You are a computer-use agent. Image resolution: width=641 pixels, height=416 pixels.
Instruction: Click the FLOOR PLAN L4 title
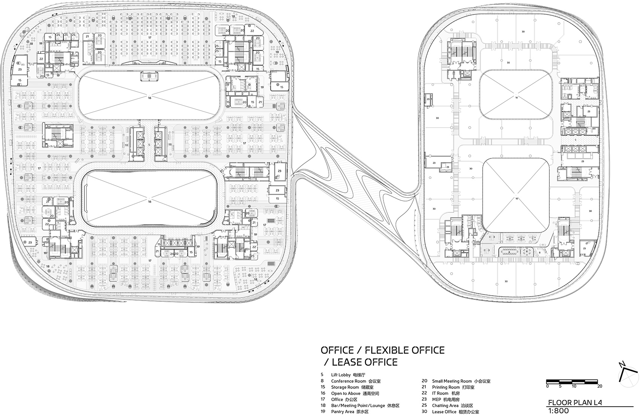click(x=575, y=402)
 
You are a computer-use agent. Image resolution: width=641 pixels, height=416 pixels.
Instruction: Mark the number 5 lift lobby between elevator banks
click(x=149, y=144)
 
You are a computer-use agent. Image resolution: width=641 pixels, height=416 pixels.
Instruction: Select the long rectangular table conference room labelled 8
click(x=509, y=252)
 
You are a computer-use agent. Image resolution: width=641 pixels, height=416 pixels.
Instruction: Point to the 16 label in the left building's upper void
click(x=149, y=98)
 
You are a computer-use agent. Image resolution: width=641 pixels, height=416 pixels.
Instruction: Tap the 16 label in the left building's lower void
click(x=149, y=201)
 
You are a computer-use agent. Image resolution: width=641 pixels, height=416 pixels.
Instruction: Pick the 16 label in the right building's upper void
click(x=517, y=98)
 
